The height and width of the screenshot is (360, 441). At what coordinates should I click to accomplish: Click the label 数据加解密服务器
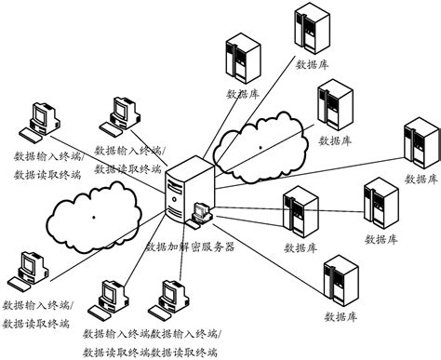click(190, 247)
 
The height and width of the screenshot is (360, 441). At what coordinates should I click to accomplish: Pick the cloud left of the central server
click(98, 213)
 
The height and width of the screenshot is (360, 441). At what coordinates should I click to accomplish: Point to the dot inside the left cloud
click(93, 218)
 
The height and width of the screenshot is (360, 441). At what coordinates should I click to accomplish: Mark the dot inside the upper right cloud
click(261, 146)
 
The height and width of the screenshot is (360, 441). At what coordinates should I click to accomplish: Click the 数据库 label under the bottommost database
click(341, 319)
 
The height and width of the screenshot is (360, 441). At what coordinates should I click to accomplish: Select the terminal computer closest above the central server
click(125, 113)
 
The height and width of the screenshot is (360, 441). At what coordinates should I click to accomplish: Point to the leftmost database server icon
click(241, 57)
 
